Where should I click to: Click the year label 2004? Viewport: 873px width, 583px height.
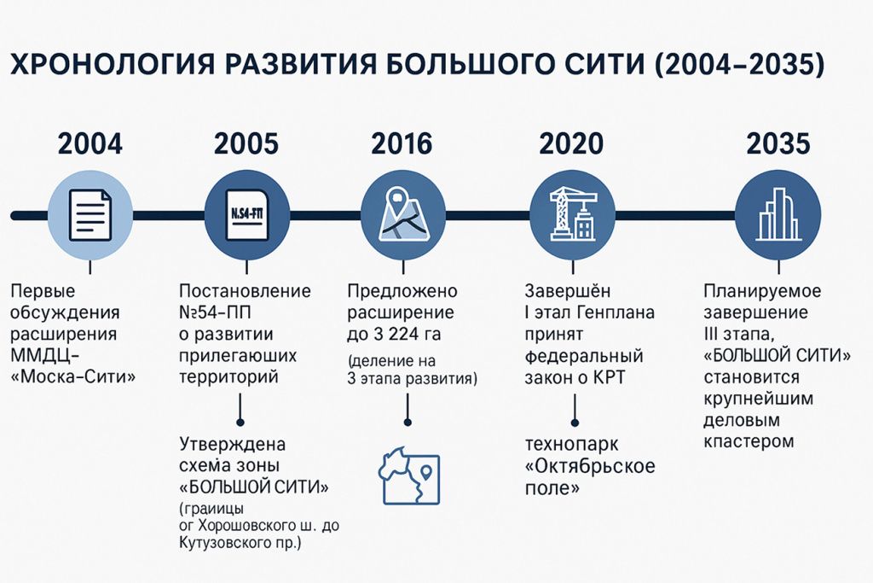90,143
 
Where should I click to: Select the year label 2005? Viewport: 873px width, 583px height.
246,143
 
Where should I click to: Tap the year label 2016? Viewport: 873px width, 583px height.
401,143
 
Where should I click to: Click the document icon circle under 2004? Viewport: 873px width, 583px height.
90,213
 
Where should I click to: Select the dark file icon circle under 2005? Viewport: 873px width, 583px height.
246,213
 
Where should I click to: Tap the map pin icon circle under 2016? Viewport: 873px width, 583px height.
401,213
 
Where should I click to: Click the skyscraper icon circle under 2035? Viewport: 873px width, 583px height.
778,213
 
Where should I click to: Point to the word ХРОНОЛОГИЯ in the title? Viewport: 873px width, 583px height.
108,64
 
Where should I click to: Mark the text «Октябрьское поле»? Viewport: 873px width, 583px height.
588,478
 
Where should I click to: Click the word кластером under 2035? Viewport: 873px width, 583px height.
749,442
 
